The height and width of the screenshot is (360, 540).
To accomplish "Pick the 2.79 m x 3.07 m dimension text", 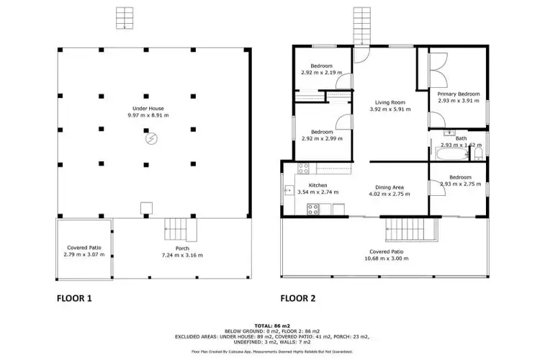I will [84, 255].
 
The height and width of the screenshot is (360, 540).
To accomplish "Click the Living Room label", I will [390, 102].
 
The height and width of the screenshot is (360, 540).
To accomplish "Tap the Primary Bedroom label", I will [459, 94].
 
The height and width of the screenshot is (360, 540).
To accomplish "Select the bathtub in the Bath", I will [446, 154].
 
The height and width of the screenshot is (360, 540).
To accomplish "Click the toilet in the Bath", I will [478, 151].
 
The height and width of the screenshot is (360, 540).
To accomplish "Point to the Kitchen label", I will [317, 185].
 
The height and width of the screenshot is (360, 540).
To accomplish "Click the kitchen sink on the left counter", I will [288, 191].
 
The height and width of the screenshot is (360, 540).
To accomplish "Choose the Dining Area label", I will [391, 187].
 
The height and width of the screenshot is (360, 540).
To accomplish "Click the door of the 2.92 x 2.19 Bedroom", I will [346, 81].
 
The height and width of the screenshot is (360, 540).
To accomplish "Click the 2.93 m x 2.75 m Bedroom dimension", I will [460, 184].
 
